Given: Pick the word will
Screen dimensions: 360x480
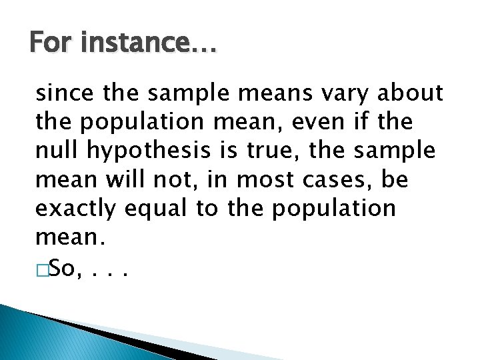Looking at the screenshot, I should click(x=117, y=179).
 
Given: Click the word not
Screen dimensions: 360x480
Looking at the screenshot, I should click(x=170, y=179).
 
